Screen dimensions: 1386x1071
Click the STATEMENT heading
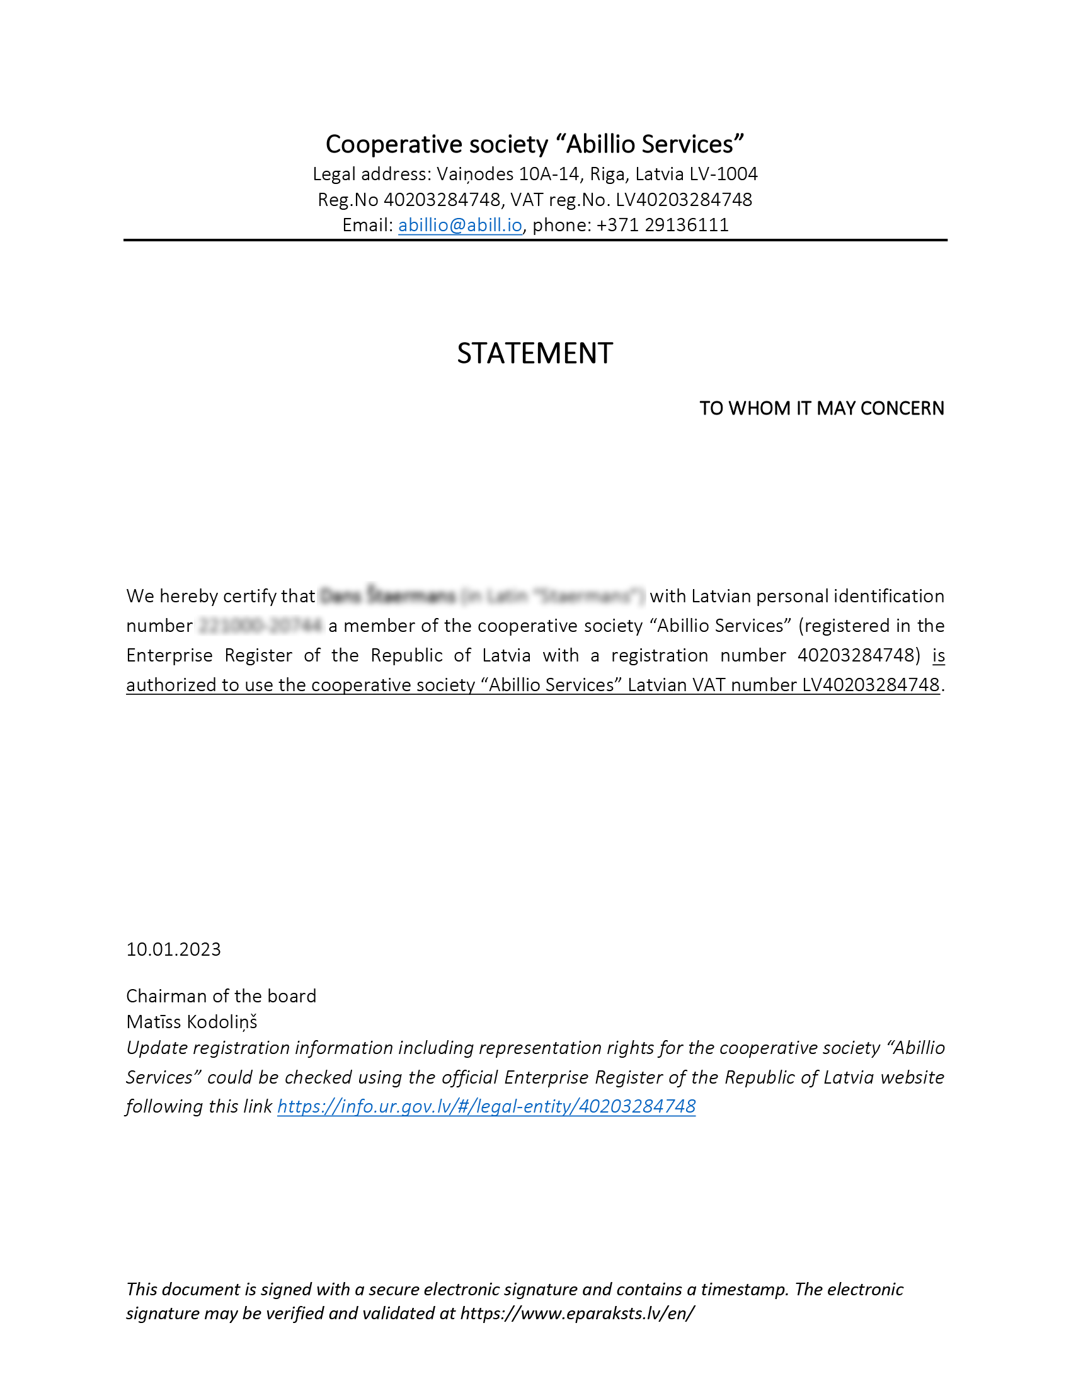point(535,353)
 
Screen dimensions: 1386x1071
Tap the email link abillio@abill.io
point(460,226)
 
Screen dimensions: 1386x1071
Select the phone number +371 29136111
point(662,226)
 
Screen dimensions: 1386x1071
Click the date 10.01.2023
point(173,949)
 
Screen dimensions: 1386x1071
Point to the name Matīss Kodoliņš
point(192,1022)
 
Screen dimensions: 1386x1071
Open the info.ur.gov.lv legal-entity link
point(486,1106)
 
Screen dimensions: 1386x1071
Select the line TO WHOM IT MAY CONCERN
point(822,408)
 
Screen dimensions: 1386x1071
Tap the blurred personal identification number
point(260,626)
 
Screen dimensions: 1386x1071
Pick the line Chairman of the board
point(220,995)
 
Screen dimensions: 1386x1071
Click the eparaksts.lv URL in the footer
point(577,1313)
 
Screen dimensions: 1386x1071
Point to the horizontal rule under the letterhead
point(535,240)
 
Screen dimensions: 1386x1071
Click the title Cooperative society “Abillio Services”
point(535,144)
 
